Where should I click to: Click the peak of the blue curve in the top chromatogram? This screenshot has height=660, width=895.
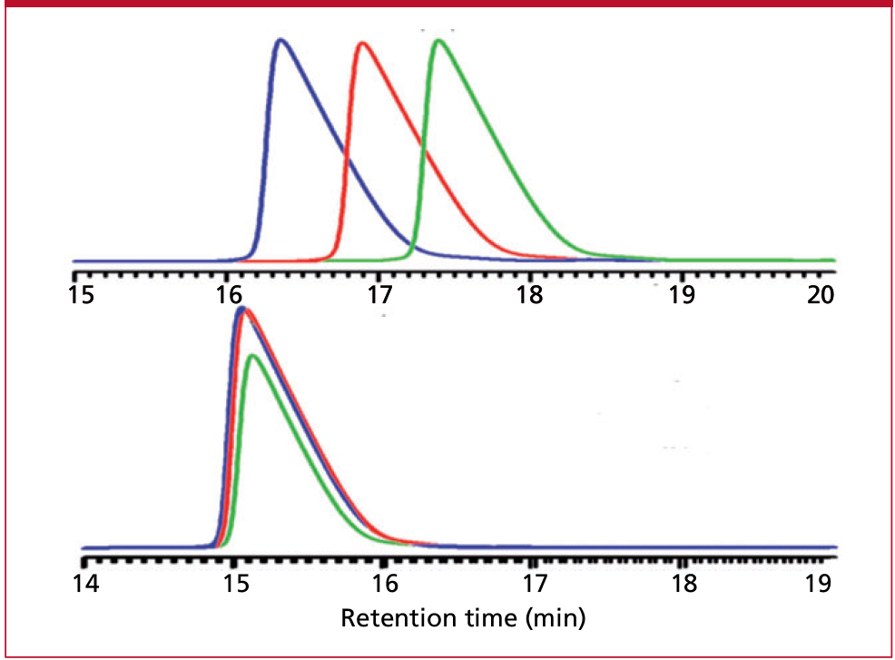point(281,40)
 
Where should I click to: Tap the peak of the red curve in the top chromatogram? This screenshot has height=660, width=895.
point(362,43)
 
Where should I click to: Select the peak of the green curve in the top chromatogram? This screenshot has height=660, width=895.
point(439,40)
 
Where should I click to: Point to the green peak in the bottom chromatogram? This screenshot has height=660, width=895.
point(253,355)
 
